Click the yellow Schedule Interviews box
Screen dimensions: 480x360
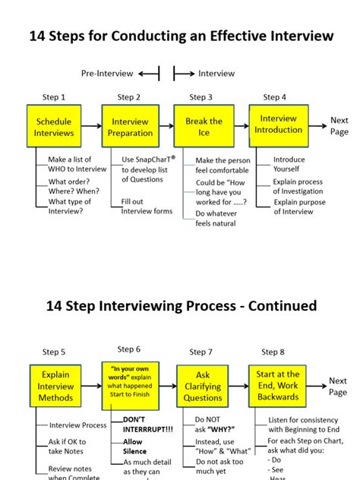pos(54,126)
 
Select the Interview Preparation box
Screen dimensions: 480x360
pos(130,126)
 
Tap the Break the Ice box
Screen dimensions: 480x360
pos(204,126)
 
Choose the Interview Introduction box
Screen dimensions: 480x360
pos(278,125)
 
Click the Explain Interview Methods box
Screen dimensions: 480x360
pos(56,386)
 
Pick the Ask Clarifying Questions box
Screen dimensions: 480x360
pos(203,387)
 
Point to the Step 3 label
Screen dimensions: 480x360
pos(201,97)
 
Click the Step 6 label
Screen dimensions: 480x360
pos(128,349)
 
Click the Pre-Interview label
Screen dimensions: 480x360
pos(107,73)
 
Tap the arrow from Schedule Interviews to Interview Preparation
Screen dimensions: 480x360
pos(91,126)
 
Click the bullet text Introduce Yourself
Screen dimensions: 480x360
pos(289,165)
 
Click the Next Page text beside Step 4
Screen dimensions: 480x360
pos(339,125)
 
